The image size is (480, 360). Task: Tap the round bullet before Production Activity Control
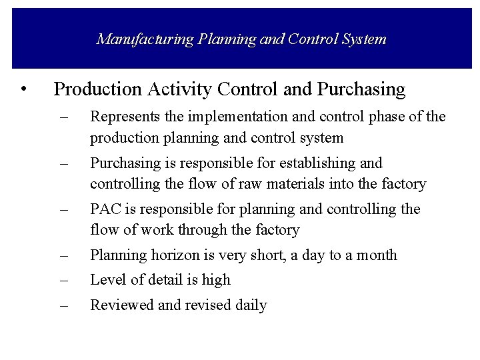click(24, 89)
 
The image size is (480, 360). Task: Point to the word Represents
click(123, 118)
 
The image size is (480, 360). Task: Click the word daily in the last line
click(250, 306)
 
